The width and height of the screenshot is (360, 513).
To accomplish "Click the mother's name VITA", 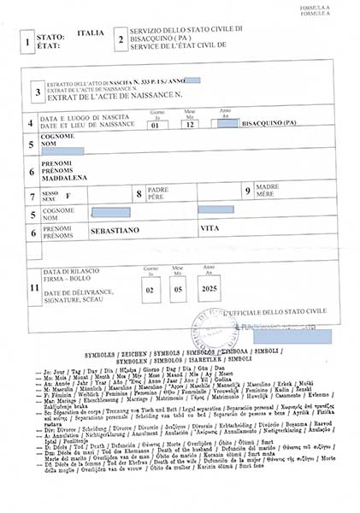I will coord(209,230).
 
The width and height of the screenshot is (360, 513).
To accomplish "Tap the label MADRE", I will coord(267,186).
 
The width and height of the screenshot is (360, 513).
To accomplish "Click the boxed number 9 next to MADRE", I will coord(247,192).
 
